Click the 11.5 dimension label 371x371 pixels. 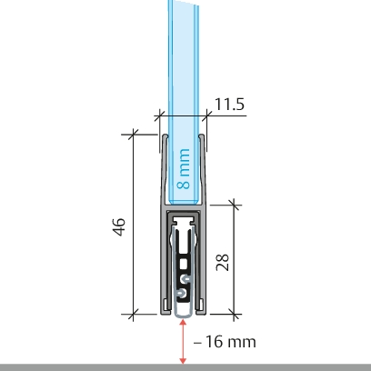(x=229, y=104)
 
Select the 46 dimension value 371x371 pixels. (x=119, y=226)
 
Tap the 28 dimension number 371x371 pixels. (x=222, y=262)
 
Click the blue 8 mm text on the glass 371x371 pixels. (x=184, y=169)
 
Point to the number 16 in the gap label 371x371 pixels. (x=215, y=342)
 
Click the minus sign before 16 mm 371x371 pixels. (x=197, y=343)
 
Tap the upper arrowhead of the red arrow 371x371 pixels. (x=183, y=323)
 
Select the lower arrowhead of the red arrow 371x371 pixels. (x=183, y=360)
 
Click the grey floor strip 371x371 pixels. (x=185, y=367)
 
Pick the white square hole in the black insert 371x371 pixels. (x=184, y=264)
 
